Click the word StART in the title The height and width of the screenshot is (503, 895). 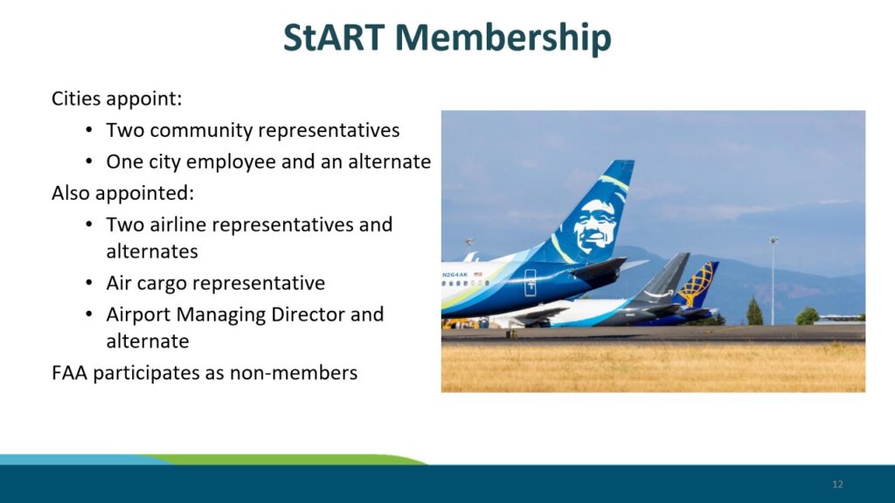tap(333, 37)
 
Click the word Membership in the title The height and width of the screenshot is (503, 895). tap(503, 38)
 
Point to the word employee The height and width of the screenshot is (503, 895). tap(231, 162)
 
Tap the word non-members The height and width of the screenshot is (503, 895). tap(294, 372)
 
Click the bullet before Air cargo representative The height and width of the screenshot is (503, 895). tap(89, 283)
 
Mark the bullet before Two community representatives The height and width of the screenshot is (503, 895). tap(89, 130)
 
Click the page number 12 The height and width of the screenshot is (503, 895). tap(837, 484)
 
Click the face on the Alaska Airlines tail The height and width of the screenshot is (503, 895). tap(593, 226)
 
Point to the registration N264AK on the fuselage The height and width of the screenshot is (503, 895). tap(454, 274)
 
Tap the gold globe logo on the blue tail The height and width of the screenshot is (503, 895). tap(697, 282)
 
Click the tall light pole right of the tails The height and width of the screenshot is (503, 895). tap(773, 281)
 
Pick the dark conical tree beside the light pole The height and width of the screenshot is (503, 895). tap(754, 312)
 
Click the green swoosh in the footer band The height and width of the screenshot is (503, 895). tap(286, 459)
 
